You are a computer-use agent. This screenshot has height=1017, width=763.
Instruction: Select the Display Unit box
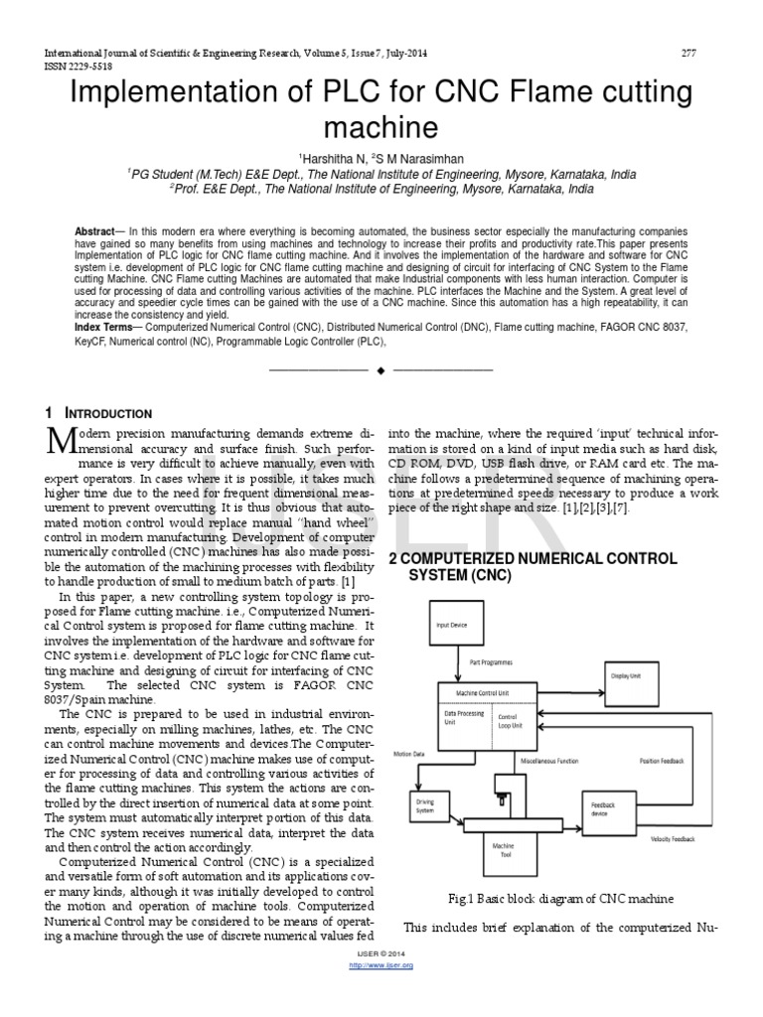point(625,674)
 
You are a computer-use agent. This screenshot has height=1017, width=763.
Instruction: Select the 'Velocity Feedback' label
point(673,839)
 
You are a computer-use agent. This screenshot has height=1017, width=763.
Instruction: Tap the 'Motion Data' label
point(409,753)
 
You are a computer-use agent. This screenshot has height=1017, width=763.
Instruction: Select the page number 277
point(687,53)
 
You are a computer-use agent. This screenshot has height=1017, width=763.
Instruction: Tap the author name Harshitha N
point(334,158)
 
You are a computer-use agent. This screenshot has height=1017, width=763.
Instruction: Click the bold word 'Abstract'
point(95,231)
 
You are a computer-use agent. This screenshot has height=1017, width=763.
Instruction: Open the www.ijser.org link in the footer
point(382,965)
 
